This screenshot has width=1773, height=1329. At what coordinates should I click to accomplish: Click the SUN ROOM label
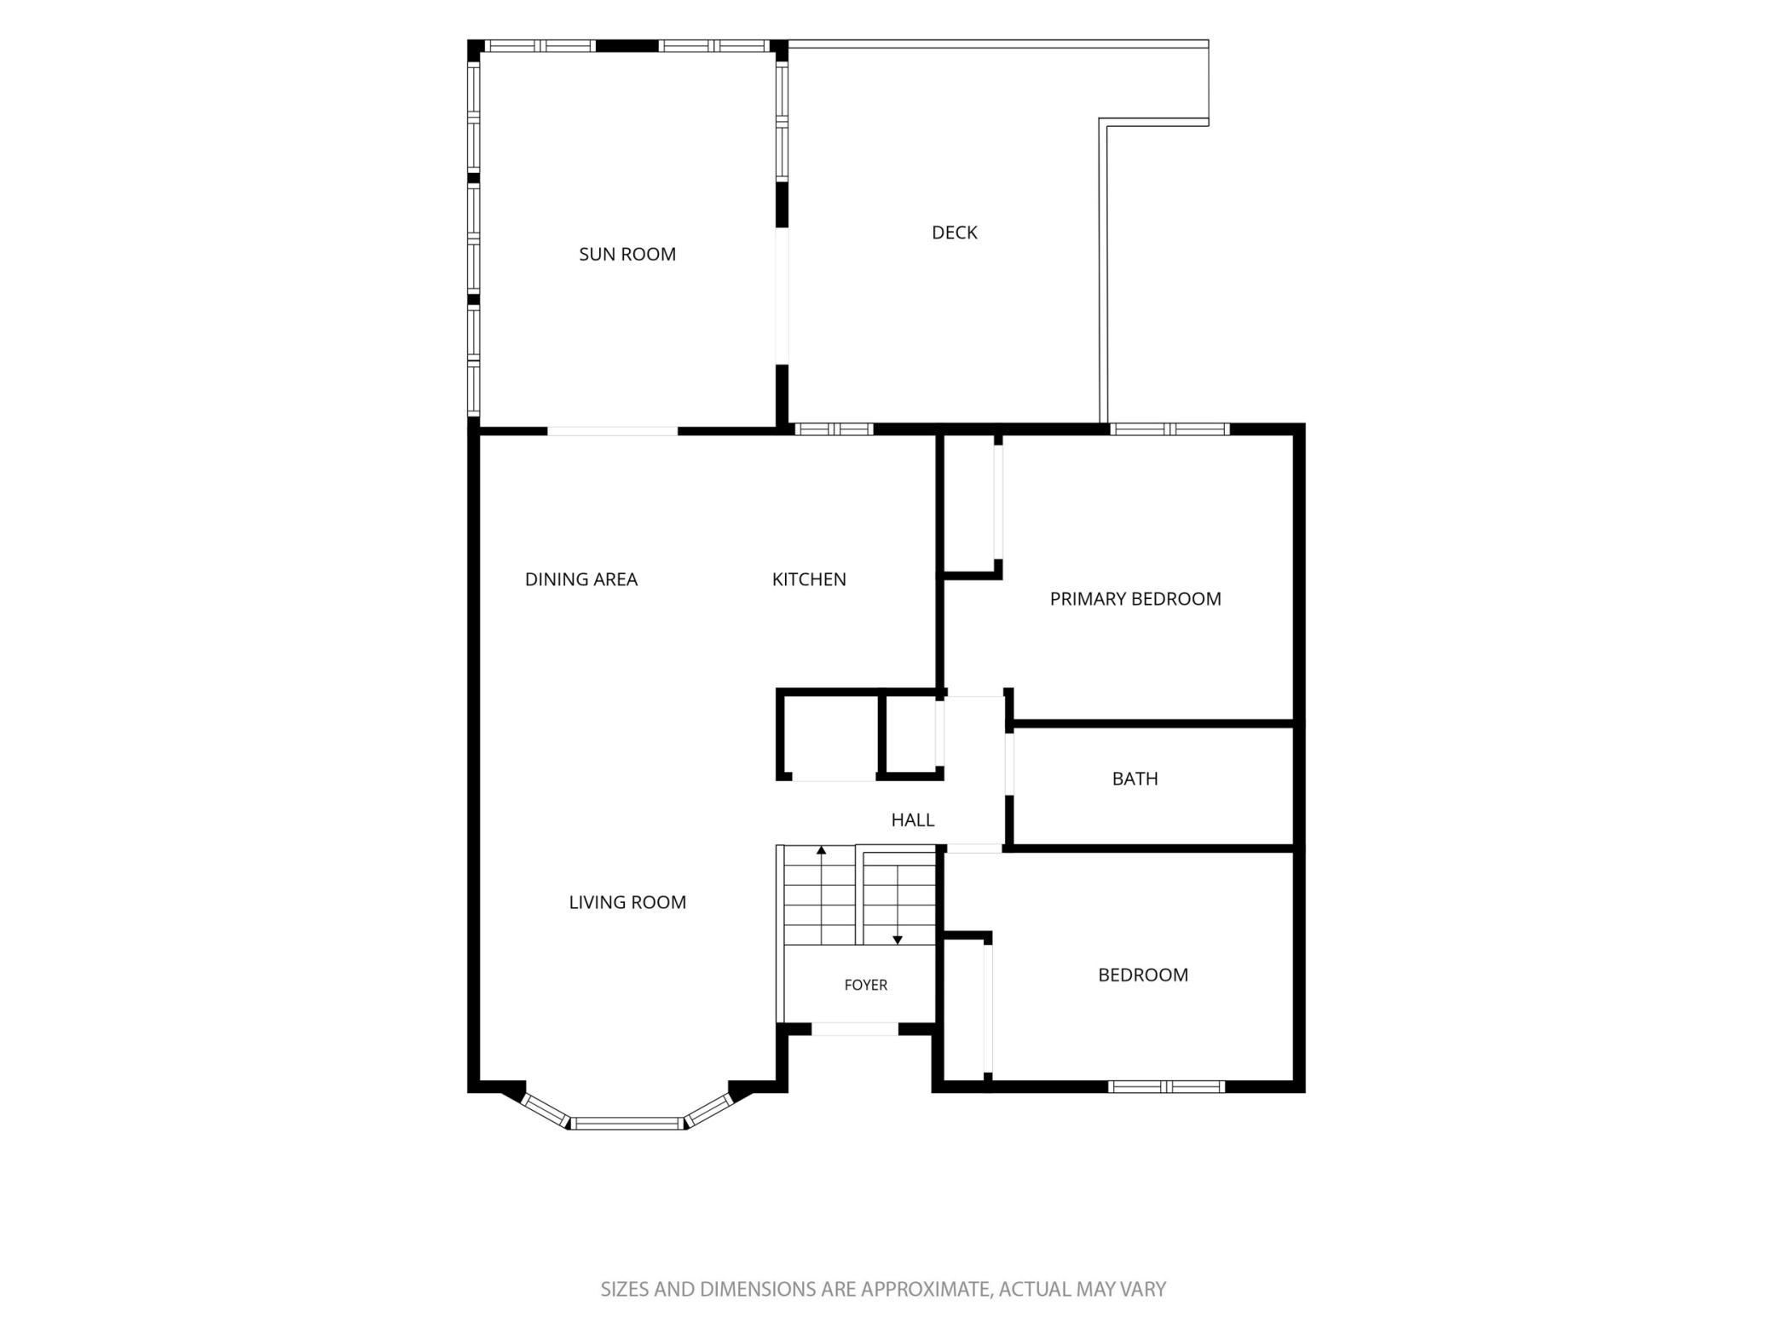point(627,254)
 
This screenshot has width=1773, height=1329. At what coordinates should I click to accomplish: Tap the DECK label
point(955,233)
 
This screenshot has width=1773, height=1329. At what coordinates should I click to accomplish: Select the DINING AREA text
point(581,579)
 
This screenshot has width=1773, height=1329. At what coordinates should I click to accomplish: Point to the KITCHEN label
point(809,579)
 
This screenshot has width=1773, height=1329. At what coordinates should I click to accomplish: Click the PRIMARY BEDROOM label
point(1135,599)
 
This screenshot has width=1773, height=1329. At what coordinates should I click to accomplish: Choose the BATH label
point(1135,779)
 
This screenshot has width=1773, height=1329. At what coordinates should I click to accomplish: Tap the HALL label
point(913,820)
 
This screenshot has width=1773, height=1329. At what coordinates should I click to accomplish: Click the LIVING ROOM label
point(627,902)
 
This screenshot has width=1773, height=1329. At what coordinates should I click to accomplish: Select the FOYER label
point(866,985)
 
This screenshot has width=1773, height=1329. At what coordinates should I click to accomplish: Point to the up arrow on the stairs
point(821,895)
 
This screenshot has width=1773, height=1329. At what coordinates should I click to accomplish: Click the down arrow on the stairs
point(898,903)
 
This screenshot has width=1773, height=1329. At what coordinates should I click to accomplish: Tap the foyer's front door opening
point(854,1029)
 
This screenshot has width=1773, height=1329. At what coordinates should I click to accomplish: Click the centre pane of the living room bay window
point(627,1124)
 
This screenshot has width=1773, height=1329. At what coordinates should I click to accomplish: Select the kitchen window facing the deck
point(835,429)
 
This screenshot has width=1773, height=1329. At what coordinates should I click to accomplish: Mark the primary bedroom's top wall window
point(1169,429)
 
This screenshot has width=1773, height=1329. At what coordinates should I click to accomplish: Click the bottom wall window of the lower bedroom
point(1166,1086)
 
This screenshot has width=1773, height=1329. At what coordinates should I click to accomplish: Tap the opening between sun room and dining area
point(612,431)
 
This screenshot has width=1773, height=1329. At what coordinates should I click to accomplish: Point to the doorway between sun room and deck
point(782,296)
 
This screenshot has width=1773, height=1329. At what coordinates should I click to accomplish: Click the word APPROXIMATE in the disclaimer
point(925,1290)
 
